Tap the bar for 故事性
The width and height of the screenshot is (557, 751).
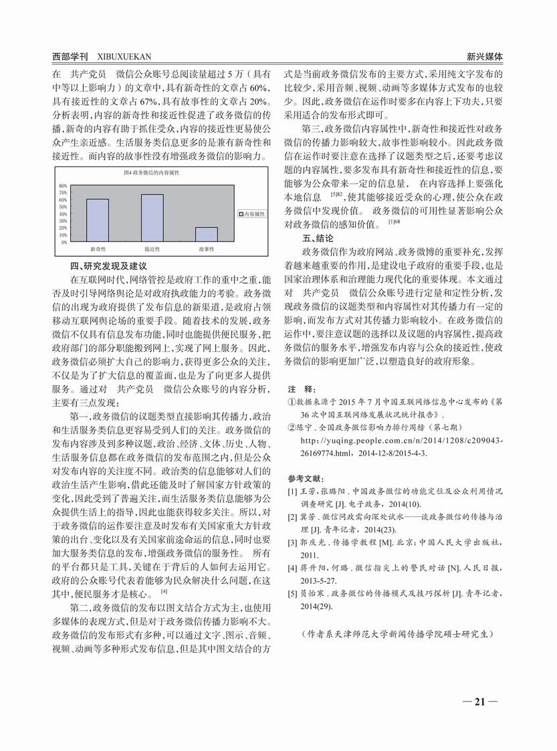click(x=206, y=234)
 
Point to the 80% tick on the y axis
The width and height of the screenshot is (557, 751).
click(x=63, y=185)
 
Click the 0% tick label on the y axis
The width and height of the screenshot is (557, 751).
click(x=64, y=242)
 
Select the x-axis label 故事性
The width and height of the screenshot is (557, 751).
click(x=206, y=249)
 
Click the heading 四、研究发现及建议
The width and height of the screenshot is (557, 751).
click(x=109, y=266)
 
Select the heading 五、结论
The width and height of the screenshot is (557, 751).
click(x=318, y=238)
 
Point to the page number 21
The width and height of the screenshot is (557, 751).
click(x=479, y=702)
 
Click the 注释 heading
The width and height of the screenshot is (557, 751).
click(x=299, y=389)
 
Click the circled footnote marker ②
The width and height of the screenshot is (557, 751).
click(x=292, y=426)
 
